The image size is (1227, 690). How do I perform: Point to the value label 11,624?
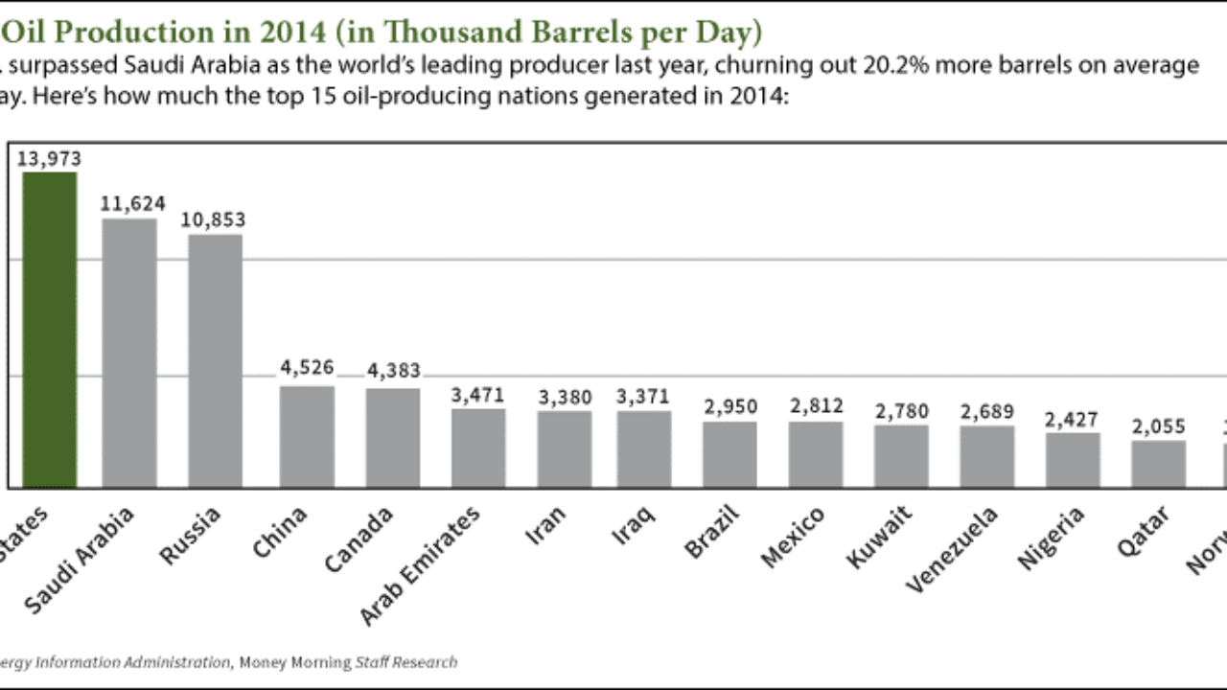click(133, 204)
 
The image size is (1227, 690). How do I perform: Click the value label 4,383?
click(393, 372)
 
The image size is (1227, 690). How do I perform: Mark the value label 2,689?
click(987, 411)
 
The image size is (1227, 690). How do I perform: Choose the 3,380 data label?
click(565, 396)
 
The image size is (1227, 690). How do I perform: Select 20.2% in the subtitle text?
click(866, 65)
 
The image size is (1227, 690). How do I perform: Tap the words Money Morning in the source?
click(292, 662)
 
